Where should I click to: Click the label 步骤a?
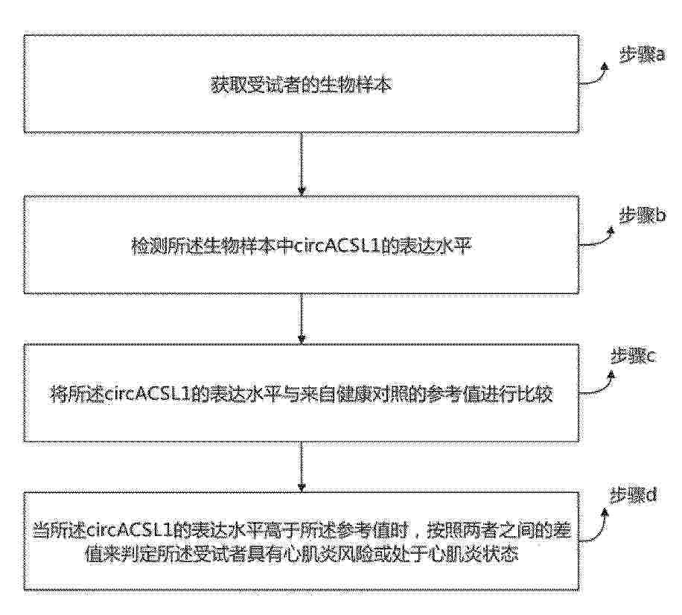coord(642,55)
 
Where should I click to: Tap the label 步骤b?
coord(642,215)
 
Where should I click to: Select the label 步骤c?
coord(634,357)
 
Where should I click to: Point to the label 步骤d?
coord(634,496)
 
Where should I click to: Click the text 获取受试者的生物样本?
coord(301,85)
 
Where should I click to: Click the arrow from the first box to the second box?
coord(301,164)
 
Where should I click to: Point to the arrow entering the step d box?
coord(301,466)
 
